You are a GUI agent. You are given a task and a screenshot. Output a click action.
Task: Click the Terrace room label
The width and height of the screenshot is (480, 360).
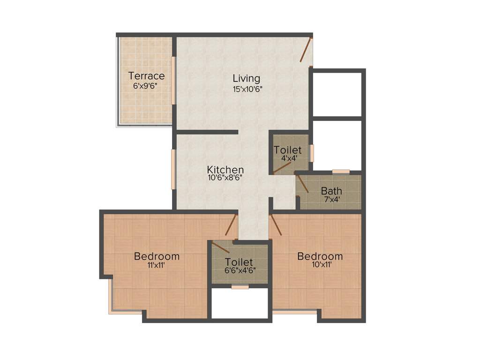pyautogui.click(x=146, y=75)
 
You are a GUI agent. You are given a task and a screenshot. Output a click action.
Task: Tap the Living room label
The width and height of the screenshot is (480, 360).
pyautogui.click(x=247, y=78)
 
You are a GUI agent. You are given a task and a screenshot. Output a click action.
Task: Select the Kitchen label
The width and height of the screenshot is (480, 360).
pyautogui.click(x=225, y=170)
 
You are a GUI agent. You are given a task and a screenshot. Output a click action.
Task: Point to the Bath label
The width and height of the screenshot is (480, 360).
pyautogui.click(x=331, y=191)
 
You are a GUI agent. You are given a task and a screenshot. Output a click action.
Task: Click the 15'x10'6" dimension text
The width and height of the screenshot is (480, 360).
pyautogui.click(x=247, y=88)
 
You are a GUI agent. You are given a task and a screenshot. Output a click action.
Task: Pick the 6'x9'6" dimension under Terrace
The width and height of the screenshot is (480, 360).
pyautogui.click(x=147, y=86)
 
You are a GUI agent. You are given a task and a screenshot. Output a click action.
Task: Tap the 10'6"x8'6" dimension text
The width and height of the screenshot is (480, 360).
pyautogui.click(x=225, y=178)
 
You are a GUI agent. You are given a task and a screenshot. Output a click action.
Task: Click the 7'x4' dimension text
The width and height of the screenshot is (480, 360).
pyautogui.click(x=331, y=199)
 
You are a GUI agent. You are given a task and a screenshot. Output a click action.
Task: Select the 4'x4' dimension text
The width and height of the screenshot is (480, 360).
pyautogui.click(x=287, y=158)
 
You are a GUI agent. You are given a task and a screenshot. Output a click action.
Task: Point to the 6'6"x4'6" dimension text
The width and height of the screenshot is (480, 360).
pyautogui.click(x=239, y=270)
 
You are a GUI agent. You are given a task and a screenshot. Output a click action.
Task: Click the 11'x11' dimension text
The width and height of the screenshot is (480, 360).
pyautogui.click(x=156, y=265)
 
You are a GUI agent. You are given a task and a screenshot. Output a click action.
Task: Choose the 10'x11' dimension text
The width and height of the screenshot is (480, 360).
pyautogui.click(x=320, y=265)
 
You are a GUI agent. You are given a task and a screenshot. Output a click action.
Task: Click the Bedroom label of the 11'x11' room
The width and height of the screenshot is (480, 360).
pyautogui.click(x=157, y=256)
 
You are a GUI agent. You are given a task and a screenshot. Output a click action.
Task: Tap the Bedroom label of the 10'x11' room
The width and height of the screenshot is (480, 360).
pyautogui.click(x=320, y=256)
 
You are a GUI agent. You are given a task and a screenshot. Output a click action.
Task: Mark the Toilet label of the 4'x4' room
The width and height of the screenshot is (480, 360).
pyautogui.click(x=287, y=150)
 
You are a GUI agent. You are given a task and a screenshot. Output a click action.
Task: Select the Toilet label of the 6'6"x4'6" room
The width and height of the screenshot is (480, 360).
pyautogui.click(x=239, y=262)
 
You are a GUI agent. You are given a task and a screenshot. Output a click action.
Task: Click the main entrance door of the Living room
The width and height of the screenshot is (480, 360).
pyautogui.click(x=306, y=50)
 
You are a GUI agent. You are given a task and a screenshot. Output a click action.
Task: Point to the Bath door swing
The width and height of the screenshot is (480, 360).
pyautogui.click(x=302, y=183)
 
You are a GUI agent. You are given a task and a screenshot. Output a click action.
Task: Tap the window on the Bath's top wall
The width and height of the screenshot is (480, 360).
pyautogui.click(x=341, y=172)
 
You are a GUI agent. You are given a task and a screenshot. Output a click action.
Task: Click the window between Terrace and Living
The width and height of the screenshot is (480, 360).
pyautogui.click(x=173, y=80)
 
